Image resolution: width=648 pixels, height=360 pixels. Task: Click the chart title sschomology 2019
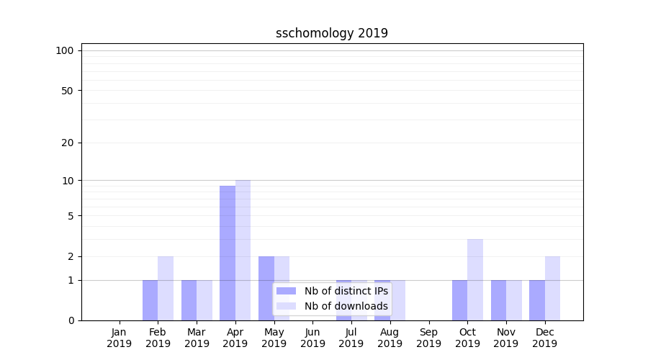[x=332, y=33]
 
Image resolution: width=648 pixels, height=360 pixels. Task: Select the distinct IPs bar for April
[x=228, y=253]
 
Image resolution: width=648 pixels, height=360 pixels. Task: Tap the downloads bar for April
[x=243, y=250]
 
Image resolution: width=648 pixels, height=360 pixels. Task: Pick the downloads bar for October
[x=475, y=279]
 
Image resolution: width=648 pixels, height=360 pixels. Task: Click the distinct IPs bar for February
[x=150, y=300]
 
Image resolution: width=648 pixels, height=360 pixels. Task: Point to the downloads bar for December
[x=552, y=288]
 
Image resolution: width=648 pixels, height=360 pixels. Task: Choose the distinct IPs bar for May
[x=266, y=288]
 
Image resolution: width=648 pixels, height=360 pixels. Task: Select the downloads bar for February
[x=166, y=288]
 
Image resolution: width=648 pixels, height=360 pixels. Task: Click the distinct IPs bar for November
[x=498, y=300]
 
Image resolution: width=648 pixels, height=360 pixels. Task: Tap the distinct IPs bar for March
[x=189, y=300]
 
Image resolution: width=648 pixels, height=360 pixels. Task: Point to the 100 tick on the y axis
[x=65, y=50]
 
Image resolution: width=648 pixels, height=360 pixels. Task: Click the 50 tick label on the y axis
[x=67, y=91]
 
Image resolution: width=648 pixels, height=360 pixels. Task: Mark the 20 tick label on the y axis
[x=67, y=143]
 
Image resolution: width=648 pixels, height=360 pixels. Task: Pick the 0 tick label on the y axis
[x=71, y=320]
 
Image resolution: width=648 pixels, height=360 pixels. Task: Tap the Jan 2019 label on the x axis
[x=120, y=338]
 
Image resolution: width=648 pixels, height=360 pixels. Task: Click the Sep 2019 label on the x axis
[x=428, y=338]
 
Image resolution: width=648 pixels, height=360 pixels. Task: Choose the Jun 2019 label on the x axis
[x=312, y=338]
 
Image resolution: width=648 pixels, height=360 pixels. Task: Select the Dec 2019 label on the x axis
[x=544, y=338]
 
